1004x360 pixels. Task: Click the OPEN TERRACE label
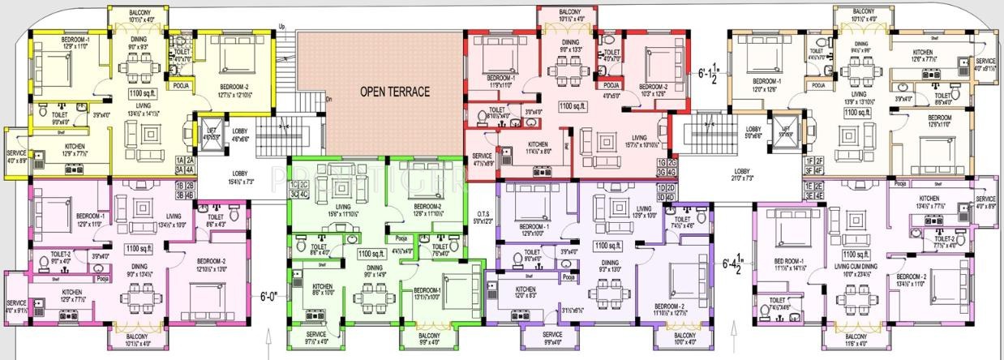[394, 92]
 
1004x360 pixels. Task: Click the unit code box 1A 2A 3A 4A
[185, 165]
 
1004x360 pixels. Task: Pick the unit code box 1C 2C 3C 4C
[298, 191]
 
